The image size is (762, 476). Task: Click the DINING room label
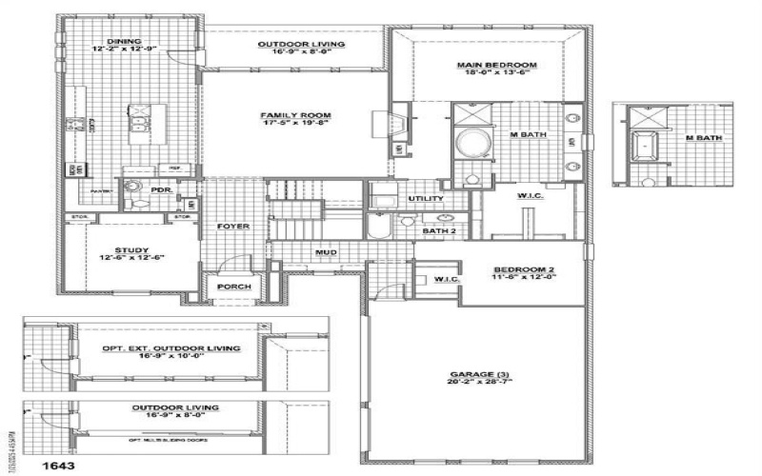click(125, 42)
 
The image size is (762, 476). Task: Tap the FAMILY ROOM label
click(288, 115)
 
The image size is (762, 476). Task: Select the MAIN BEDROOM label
click(497, 65)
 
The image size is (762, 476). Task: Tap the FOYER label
click(233, 227)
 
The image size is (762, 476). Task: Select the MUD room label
click(327, 252)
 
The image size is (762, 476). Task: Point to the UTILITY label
click(425, 198)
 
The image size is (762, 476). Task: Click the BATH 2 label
click(438, 230)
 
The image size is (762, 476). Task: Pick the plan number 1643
click(53, 466)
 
